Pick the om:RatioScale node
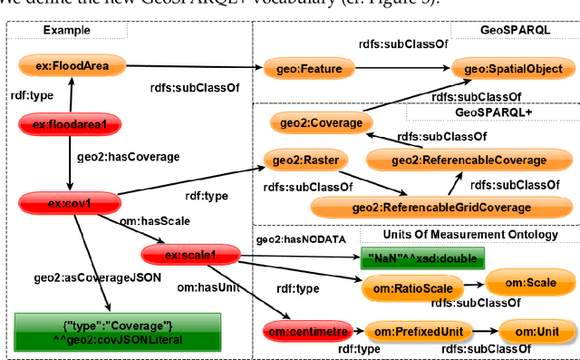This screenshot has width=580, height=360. point(411,289)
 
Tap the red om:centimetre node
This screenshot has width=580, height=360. point(298,333)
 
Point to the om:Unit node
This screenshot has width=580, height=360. point(535,333)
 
